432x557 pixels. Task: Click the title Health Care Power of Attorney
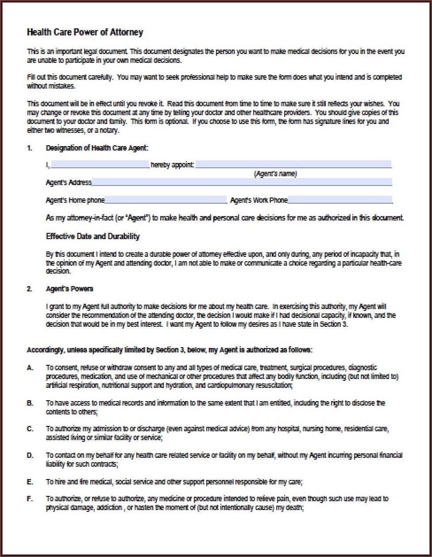pos(85,32)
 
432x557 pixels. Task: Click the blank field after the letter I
pos(100,165)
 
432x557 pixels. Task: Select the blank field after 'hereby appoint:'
pos(293,165)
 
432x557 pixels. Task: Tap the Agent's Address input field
pos(242,182)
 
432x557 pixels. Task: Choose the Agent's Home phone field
pos(166,200)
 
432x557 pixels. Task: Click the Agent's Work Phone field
pos(339,200)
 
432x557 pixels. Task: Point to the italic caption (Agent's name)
pos(275,174)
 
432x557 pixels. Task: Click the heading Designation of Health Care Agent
pos(97,148)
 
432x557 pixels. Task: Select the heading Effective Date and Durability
pos(93,236)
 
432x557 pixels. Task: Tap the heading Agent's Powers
pos(69,289)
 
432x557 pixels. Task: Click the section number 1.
pos(29,148)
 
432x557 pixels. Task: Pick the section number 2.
pos(29,289)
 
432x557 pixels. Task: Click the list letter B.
pos(30,403)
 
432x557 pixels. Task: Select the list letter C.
pos(30,429)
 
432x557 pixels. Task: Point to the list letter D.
pos(30,455)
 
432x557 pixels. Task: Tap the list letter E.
pos(30,481)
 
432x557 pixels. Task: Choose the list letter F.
pos(30,499)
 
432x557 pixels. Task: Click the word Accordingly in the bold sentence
pos(45,350)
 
